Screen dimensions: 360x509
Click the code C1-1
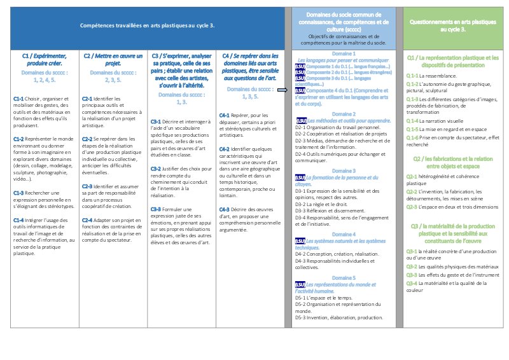point(19,99)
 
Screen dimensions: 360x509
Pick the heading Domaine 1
point(344,55)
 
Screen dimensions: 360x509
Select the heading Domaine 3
point(344,172)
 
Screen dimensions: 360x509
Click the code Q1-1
point(413,75)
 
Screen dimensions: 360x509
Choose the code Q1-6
point(413,138)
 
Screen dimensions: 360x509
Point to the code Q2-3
point(413,207)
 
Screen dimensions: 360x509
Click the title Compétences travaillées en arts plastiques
point(146,25)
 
